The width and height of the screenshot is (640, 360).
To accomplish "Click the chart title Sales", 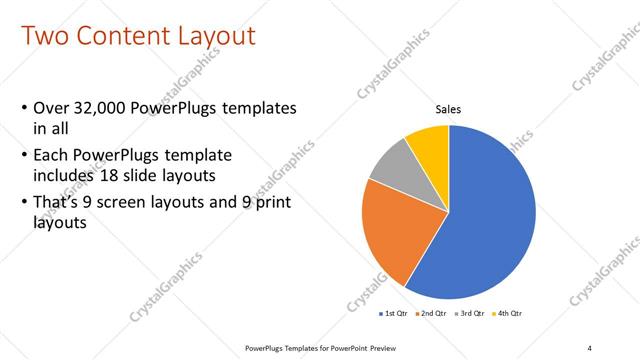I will (447, 110).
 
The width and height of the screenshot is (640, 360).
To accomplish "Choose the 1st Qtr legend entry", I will (392, 314).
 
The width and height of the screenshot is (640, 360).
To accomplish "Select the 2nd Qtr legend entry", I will (430, 314).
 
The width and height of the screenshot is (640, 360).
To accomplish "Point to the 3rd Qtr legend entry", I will (468, 314).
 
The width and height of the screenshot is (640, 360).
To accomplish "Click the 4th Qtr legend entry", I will (506, 314).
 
